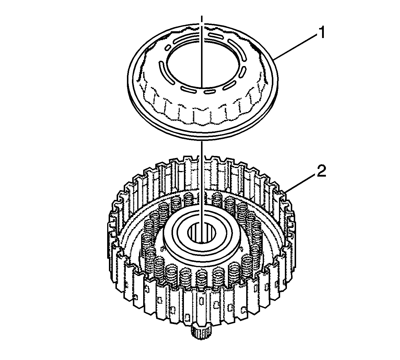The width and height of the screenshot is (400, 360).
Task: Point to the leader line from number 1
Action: [x=295, y=47]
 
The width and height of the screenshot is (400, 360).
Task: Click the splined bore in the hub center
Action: [x=198, y=233]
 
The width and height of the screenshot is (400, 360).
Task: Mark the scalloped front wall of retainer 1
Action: [x=201, y=115]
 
